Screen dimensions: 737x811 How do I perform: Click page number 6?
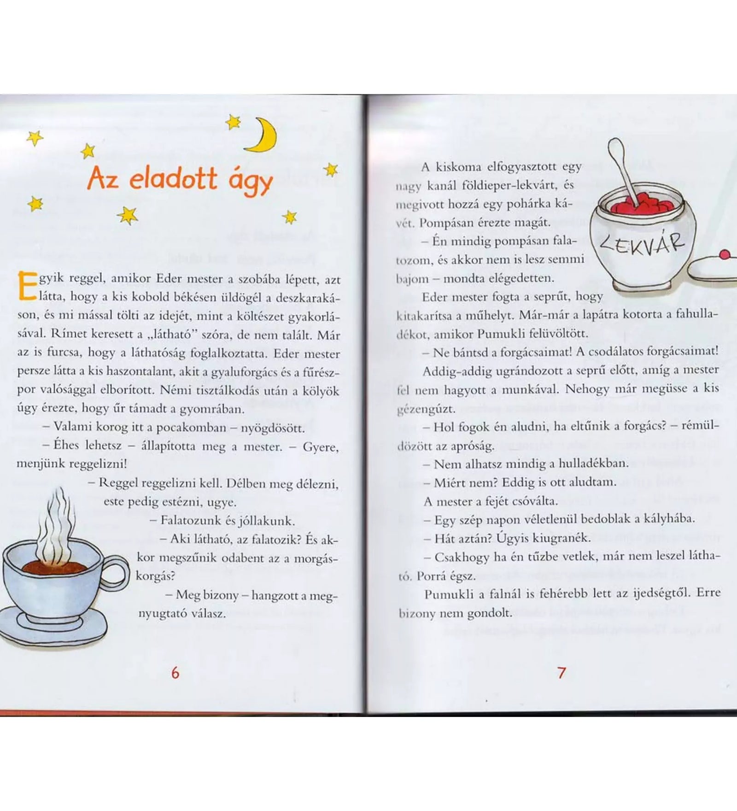coord(175,673)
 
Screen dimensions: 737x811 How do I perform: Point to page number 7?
coord(561,673)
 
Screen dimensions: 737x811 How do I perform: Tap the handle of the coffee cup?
coord(119,574)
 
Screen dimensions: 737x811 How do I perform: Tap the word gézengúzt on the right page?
coord(426,409)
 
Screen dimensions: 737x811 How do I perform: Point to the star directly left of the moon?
coord(233,122)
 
